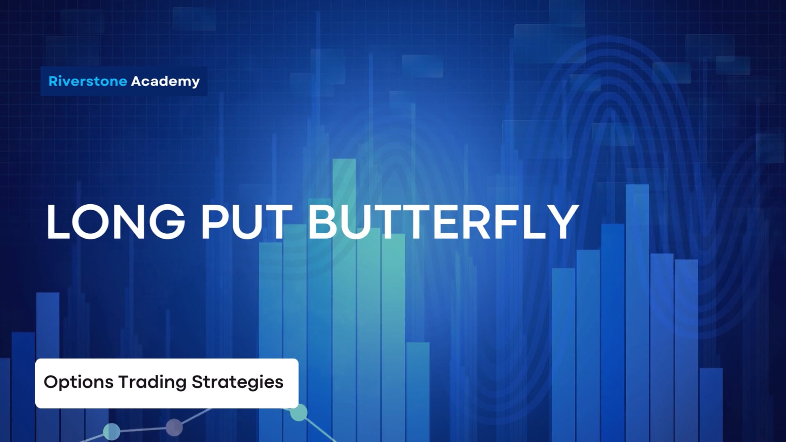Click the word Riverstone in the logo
pos(88,81)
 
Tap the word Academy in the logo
pos(165,81)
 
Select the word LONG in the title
pos(116,222)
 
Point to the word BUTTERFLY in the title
pos(443,222)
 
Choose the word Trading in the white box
pos(152,382)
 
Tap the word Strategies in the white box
pos(237,382)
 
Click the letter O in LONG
pos(88,222)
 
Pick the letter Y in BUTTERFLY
pos(562,222)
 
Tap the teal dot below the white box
pos(299,413)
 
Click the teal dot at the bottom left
pos(111,431)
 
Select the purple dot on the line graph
pos(174,427)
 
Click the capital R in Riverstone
pos(53,81)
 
